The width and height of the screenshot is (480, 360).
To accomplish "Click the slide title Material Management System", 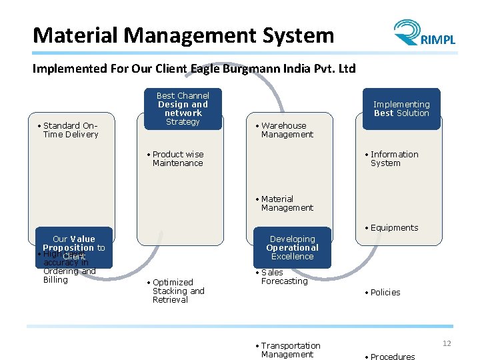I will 183,35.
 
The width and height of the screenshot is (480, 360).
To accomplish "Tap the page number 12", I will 446,343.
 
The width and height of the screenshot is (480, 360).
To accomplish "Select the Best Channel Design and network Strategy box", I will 183,109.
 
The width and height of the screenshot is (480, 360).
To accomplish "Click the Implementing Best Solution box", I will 401,109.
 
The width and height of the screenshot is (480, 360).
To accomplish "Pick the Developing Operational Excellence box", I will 292,247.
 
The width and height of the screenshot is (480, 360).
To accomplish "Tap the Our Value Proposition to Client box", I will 74,247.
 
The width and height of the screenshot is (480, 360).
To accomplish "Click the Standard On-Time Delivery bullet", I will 70,130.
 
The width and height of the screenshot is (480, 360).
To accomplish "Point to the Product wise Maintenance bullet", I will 177,159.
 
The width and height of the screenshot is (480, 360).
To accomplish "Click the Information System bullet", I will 394,159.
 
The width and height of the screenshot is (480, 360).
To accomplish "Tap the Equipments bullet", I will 394,228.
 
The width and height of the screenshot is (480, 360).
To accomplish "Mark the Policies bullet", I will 385,293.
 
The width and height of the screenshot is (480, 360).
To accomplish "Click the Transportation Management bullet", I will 290,350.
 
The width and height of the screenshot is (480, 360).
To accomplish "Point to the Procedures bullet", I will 392,357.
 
